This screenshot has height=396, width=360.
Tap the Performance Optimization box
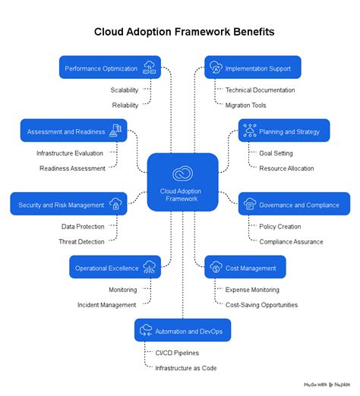coord(110,68)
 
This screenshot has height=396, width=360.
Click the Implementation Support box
coord(253,68)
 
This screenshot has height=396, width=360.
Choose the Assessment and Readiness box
coord(73,131)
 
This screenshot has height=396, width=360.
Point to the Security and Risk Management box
coord(68,205)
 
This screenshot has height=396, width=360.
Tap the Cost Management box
coord(245,268)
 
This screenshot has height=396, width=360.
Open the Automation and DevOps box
coord(183,331)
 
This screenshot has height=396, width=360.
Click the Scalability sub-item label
coord(125,90)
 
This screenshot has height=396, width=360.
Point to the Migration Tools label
coord(246,105)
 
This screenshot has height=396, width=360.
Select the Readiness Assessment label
coord(72,168)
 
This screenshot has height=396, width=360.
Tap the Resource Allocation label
coord(286,168)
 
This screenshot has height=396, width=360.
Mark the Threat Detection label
coord(82,242)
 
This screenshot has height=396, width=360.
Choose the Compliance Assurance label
coord(291,242)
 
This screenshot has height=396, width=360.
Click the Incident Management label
coord(106,305)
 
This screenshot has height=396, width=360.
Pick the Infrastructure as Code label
coord(186,368)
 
